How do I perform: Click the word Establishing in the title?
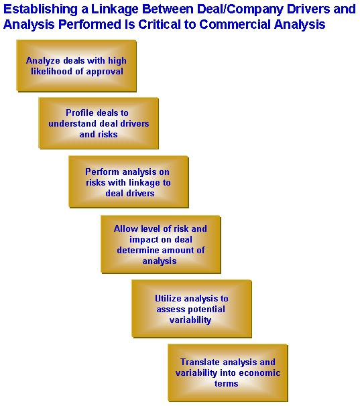click(x=40, y=10)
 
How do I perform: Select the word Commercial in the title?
click(x=235, y=24)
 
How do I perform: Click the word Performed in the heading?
click(x=89, y=24)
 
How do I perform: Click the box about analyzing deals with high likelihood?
click(x=76, y=66)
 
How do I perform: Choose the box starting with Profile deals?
click(x=99, y=123)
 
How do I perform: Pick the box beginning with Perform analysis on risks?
click(x=129, y=182)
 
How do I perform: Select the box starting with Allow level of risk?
click(x=161, y=245)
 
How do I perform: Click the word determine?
click(x=137, y=250)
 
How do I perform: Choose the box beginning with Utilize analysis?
click(x=192, y=309)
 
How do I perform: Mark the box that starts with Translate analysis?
click(x=228, y=373)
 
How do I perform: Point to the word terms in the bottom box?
click(x=227, y=383)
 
